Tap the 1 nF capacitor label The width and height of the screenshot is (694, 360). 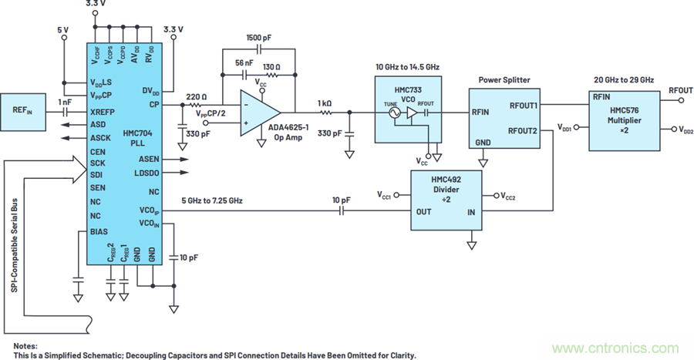(x=65, y=102)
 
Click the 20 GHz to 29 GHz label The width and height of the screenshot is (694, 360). (x=623, y=80)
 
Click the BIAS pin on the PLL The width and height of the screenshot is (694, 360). (x=99, y=230)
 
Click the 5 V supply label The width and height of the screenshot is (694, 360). (x=63, y=31)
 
